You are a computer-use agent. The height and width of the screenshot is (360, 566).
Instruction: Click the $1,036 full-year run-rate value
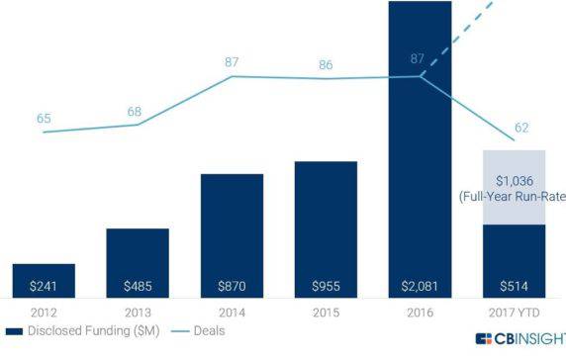click(514, 179)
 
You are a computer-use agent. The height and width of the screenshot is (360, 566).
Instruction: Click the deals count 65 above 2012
click(44, 119)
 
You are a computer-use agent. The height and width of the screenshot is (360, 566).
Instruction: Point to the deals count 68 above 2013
click(135, 111)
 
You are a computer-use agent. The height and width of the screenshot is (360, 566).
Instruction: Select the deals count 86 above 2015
click(326, 64)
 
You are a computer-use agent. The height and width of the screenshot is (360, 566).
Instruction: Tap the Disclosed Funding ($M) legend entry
click(84, 331)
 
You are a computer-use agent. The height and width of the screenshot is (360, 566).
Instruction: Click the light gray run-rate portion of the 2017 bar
click(514, 163)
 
